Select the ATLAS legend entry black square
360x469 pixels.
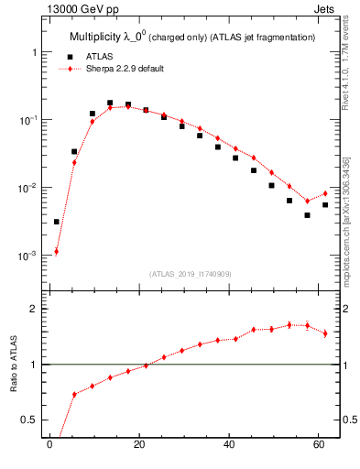69,57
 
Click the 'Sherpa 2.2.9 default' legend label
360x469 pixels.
125,69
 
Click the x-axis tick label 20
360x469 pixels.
138,446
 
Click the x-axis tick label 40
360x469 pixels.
228,446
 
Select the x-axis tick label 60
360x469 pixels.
318,446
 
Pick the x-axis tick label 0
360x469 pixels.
49,446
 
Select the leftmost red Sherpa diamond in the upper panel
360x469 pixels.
56,251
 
